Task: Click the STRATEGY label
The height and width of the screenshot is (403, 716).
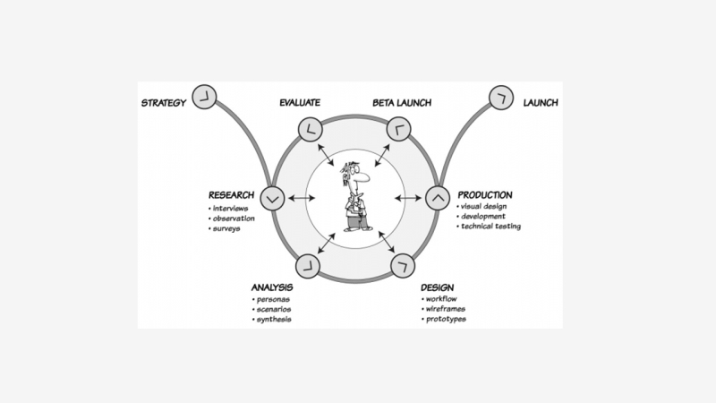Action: (163, 103)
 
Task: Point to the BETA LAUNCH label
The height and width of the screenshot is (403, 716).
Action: (401, 103)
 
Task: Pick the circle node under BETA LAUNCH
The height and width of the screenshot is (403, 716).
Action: (399, 130)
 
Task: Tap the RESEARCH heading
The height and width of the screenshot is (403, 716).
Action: (232, 195)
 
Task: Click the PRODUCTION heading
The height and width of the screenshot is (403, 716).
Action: (485, 194)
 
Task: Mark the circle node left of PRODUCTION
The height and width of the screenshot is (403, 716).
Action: (438, 196)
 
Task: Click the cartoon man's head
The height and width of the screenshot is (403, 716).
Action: (355, 176)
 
